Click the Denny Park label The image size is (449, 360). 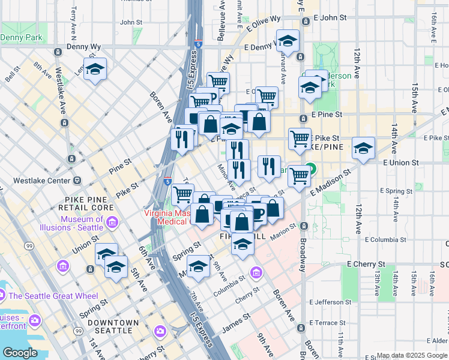pos(21,37)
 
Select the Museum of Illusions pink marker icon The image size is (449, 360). pos(112,224)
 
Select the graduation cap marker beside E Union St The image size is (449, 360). pos(363,149)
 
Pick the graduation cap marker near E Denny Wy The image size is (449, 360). pos(288,42)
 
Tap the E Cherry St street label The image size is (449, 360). pos(366,264)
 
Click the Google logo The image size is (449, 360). pos(20,352)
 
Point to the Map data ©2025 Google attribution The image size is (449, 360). pos(412,356)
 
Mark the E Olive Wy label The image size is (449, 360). pos(263,23)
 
